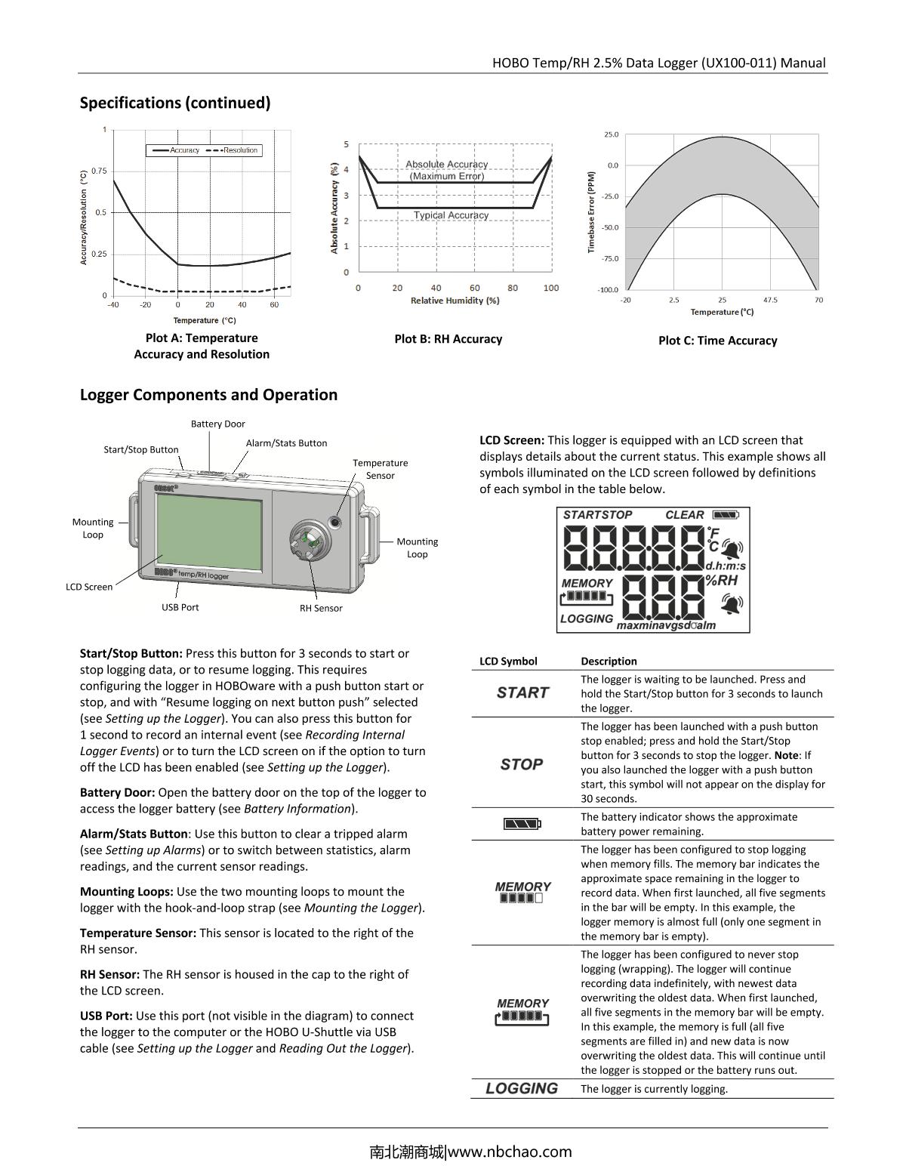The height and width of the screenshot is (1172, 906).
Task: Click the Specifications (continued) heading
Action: [x=175, y=103]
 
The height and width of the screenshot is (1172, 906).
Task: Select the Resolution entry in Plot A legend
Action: [x=240, y=150]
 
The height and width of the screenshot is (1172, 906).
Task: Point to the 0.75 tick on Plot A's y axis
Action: [x=99, y=171]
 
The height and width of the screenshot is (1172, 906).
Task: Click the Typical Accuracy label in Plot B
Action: [x=451, y=215]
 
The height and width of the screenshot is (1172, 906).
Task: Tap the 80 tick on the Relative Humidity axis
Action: [x=513, y=288]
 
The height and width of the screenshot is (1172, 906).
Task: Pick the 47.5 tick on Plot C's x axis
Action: [x=770, y=300]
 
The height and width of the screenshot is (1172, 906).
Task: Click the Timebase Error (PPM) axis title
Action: [x=592, y=211]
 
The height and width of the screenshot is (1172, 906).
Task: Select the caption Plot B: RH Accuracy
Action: [x=448, y=339]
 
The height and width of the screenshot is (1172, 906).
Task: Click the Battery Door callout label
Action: [x=217, y=424]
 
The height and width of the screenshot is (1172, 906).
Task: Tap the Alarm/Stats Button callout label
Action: [x=286, y=443]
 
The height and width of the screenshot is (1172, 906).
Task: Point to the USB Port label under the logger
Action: [x=180, y=607]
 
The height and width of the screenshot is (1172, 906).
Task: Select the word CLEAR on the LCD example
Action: [x=684, y=515]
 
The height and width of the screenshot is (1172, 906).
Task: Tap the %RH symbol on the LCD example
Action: [x=721, y=581]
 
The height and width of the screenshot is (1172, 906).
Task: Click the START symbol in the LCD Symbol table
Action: [x=522, y=692]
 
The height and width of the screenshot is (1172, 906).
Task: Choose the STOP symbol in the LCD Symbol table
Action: [x=522, y=764]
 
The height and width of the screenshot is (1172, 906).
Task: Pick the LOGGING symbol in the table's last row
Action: [x=522, y=1088]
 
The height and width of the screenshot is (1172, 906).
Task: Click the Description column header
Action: [x=609, y=661]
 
